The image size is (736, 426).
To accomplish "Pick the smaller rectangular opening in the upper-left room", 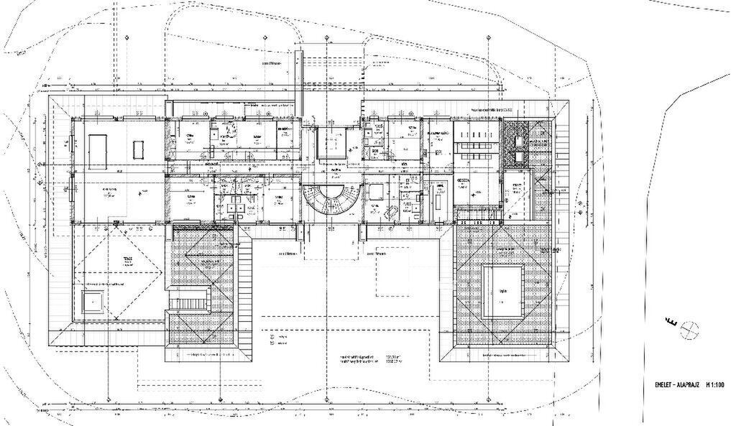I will click(x=139, y=149).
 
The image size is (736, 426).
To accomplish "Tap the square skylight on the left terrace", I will click(x=93, y=302).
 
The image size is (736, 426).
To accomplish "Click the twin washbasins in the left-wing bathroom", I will click(x=235, y=205).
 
